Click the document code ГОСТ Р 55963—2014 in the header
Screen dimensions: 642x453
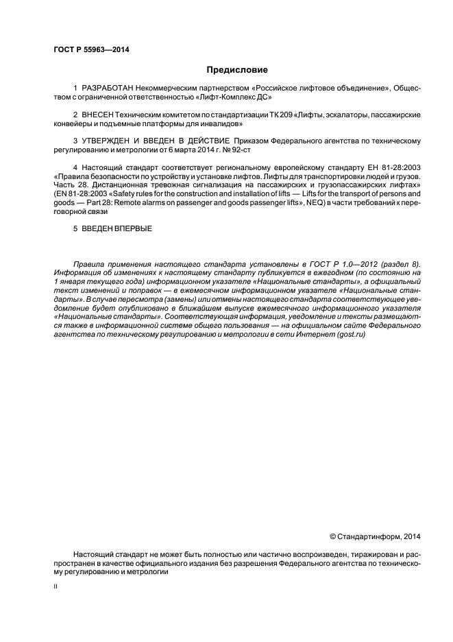90,50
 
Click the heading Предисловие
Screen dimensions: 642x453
237,70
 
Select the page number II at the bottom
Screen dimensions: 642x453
55,586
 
